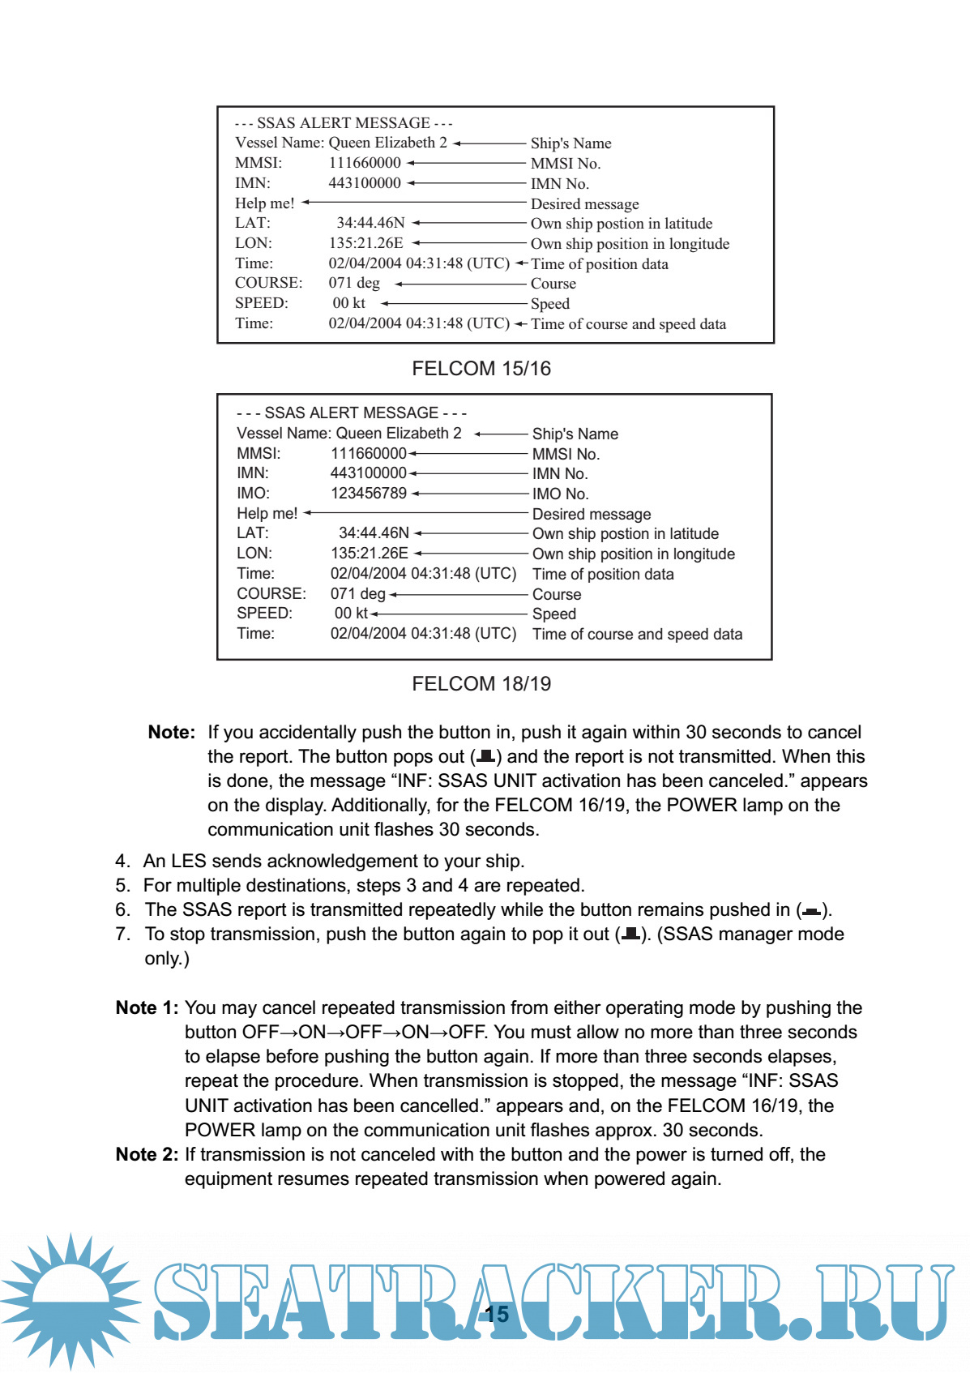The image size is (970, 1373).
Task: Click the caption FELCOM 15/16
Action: point(481,369)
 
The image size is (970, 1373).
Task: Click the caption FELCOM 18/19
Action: point(481,684)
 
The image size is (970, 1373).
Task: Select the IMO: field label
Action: point(253,494)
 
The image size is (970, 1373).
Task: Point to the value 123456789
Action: point(369,494)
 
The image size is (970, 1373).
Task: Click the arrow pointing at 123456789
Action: point(470,494)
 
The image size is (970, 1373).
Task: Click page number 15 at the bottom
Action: point(497,1314)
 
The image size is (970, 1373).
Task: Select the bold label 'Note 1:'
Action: point(147,1007)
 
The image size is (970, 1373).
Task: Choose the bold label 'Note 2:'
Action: point(147,1154)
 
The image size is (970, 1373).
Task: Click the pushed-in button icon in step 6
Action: point(811,912)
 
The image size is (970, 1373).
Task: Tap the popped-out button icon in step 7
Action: point(630,935)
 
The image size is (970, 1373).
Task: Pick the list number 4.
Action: point(122,861)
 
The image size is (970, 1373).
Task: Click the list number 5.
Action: point(122,885)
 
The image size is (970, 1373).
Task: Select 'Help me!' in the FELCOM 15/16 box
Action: point(265,203)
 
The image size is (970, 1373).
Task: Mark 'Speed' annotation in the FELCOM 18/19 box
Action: point(554,614)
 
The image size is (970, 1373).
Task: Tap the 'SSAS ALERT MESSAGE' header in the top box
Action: point(344,123)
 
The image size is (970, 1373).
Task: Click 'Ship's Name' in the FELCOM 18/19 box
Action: point(575,434)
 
